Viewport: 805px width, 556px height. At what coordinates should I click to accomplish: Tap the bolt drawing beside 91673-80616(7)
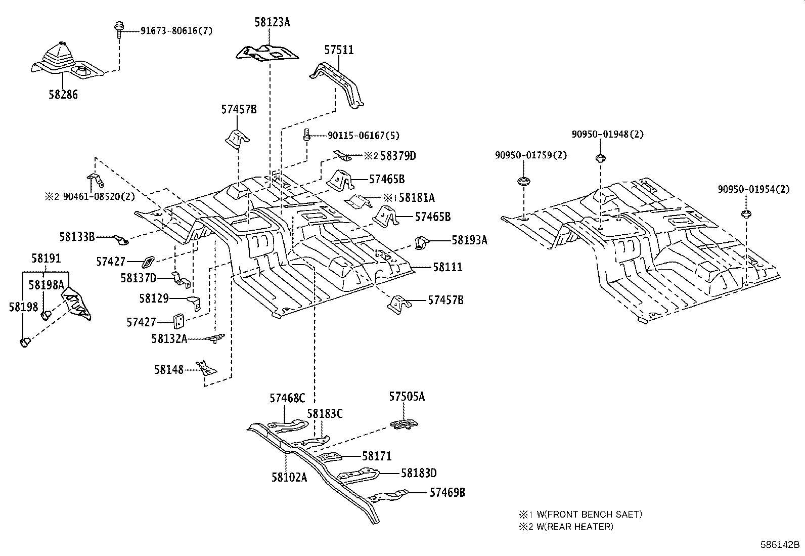[x=118, y=30]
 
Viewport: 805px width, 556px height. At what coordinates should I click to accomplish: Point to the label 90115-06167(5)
[x=363, y=136]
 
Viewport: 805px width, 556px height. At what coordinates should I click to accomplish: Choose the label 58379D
[x=397, y=156]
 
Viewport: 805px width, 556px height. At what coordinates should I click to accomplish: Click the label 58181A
[x=416, y=198]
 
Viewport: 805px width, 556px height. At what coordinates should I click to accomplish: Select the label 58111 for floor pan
[x=447, y=267]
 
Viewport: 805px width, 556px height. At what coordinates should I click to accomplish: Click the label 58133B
[x=77, y=236]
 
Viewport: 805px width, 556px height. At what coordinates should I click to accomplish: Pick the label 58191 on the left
[x=46, y=259]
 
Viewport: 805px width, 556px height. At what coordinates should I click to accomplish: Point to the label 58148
[x=169, y=370]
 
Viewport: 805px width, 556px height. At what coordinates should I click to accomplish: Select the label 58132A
[x=169, y=338]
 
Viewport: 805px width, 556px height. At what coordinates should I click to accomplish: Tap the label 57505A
[x=407, y=397]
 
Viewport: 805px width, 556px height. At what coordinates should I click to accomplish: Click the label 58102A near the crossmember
[x=289, y=477]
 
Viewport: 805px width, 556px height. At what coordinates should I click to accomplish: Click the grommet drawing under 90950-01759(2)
[x=524, y=181]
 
